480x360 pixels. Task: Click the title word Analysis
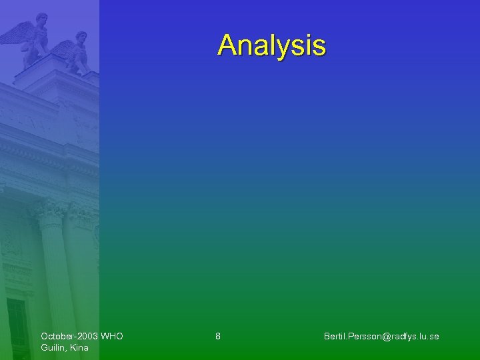point(271,45)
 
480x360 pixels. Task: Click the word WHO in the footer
point(112,336)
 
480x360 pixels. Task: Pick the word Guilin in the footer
point(55,347)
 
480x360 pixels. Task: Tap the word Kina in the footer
point(79,347)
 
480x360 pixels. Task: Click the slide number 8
point(218,336)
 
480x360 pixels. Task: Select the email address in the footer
point(381,336)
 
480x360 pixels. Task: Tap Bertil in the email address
point(335,336)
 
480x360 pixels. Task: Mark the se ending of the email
point(434,336)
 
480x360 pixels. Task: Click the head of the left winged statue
point(42,19)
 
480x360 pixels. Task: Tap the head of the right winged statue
point(81,36)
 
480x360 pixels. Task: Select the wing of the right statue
point(63,48)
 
